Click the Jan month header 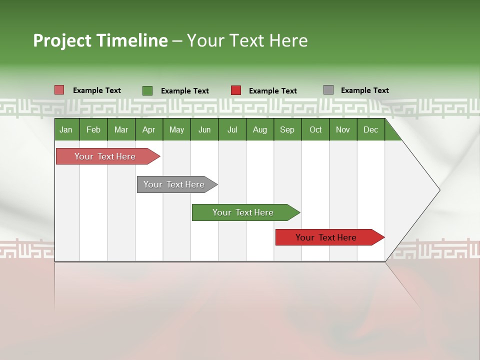click(66, 130)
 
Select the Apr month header click(148, 130)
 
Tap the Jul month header click(232, 130)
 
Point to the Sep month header click(287, 130)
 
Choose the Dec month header click(370, 130)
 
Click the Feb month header click(93, 130)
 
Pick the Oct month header click(315, 130)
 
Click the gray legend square click(328, 90)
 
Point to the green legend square click(147, 90)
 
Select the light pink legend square click(59, 90)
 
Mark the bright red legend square click(236, 90)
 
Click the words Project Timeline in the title click(100, 40)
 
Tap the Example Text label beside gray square click(364, 90)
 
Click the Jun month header click(204, 130)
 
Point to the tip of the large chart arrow click(438, 190)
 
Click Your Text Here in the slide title click(247, 40)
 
